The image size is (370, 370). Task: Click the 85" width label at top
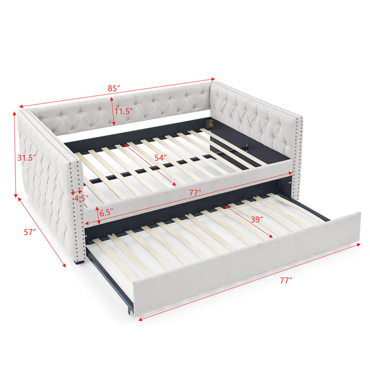pyautogui.click(x=112, y=89)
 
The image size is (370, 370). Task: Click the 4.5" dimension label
pyautogui.click(x=81, y=199)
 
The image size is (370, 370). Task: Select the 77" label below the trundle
pyautogui.click(x=286, y=281)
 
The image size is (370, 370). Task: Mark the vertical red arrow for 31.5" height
pyautogui.click(x=15, y=153)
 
